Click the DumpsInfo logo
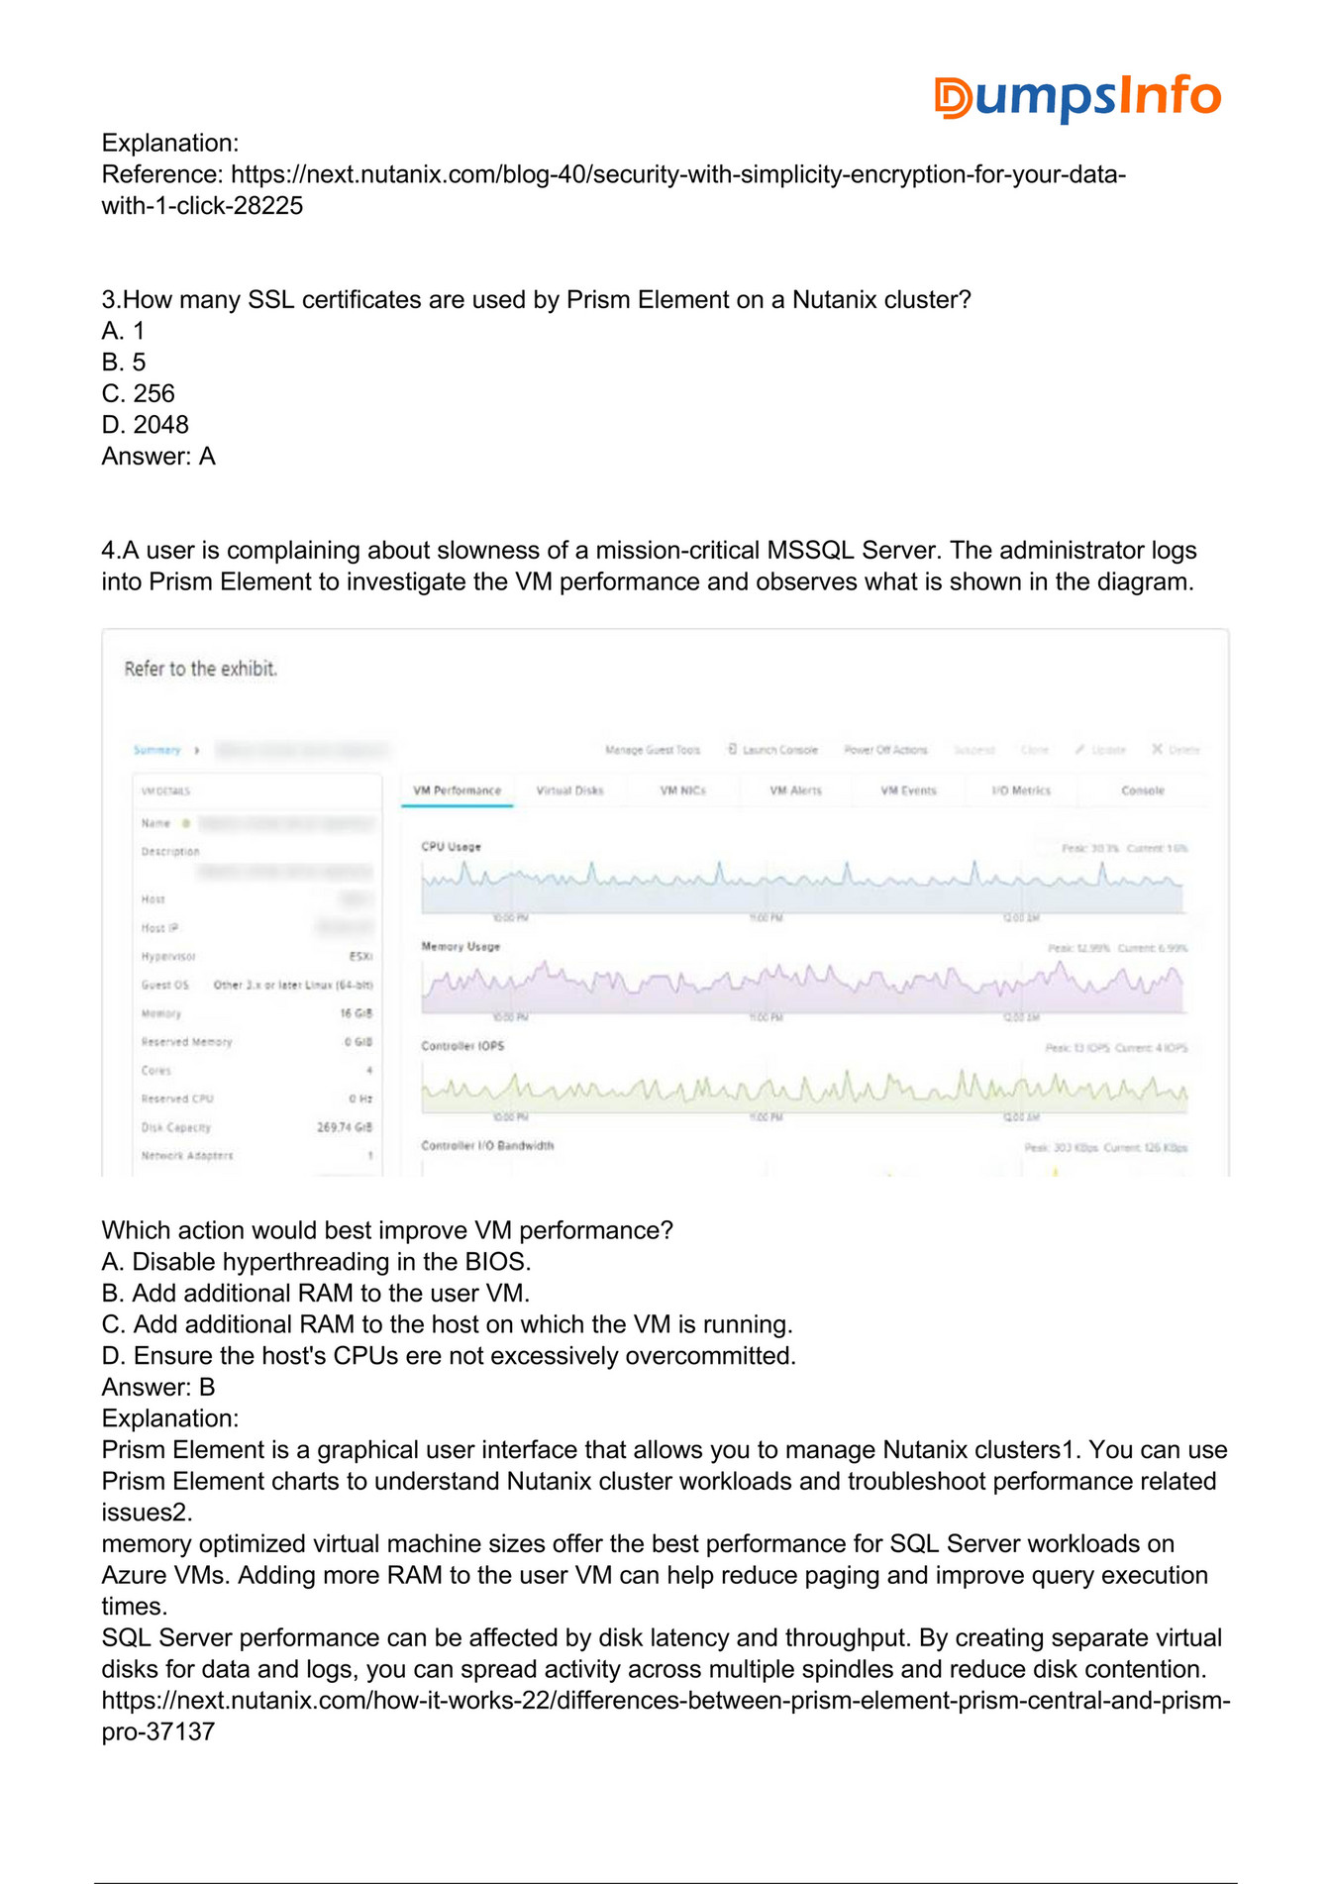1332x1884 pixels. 1076,97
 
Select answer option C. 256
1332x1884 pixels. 139,393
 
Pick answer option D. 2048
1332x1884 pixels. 146,425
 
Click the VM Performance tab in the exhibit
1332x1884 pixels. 457,790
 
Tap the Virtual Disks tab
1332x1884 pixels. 569,790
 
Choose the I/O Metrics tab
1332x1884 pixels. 1020,790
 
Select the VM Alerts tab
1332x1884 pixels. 795,790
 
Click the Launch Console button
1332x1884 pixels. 773,750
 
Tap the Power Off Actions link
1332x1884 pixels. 885,750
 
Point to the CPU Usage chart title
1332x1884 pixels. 451,847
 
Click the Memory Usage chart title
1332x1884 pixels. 461,947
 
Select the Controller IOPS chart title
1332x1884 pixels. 462,1046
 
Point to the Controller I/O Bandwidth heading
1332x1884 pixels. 487,1146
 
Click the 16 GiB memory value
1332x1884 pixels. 357,1013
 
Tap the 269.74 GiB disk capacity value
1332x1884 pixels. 345,1127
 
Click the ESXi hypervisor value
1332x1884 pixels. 360,957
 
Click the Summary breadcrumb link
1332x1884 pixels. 156,750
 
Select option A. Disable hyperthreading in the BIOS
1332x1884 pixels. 317,1262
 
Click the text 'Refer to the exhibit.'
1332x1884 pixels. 201,669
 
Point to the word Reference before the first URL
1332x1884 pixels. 162,174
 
